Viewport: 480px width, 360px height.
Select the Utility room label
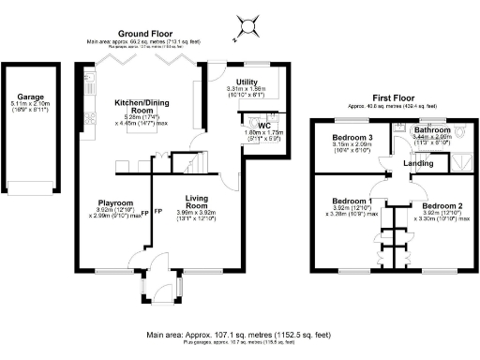[247, 82]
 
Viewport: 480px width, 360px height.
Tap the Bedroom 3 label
[352, 138]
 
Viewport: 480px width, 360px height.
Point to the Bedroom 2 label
[440, 205]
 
